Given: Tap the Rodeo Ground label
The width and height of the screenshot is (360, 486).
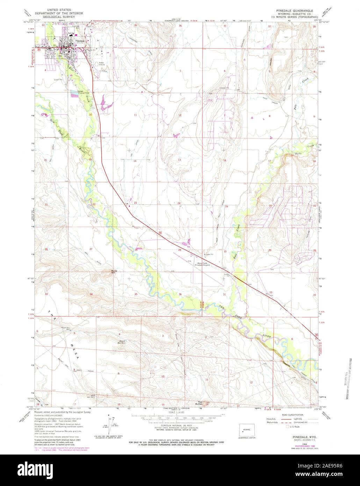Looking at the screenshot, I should [102, 64].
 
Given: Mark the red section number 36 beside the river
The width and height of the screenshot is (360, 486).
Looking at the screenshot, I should [180, 294].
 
